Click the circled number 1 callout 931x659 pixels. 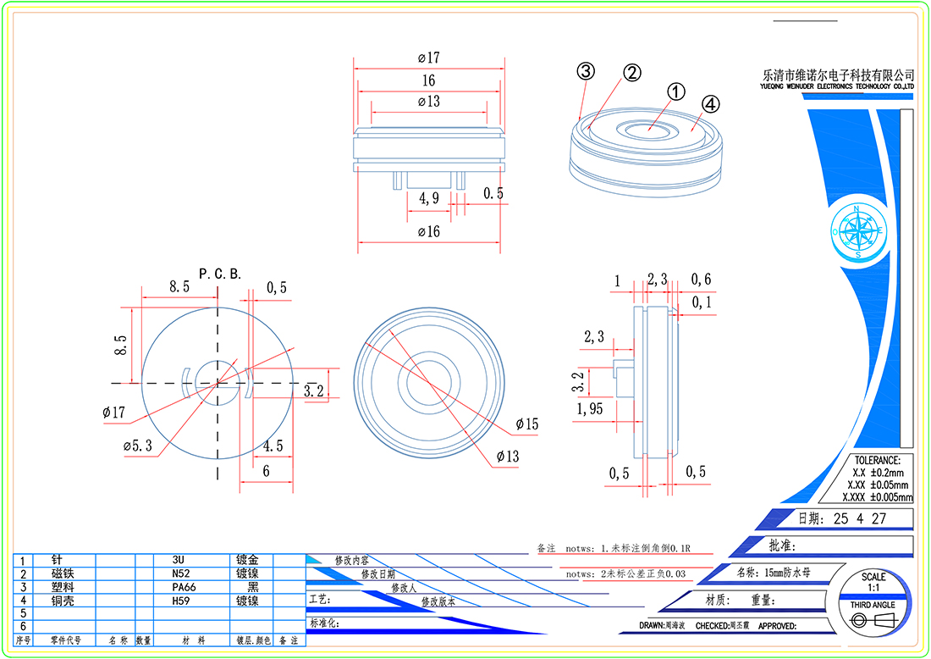(675, 91)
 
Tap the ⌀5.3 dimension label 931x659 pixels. (137, 446)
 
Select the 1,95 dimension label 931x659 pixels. (590, 410)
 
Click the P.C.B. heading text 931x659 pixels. (220, 274)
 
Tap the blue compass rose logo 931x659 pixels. (858, 230)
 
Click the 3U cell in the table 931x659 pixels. (178, 560)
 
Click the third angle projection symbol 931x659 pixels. (873, 621)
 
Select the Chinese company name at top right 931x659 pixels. (838, 75)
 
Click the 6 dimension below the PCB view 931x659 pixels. (266, 471)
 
